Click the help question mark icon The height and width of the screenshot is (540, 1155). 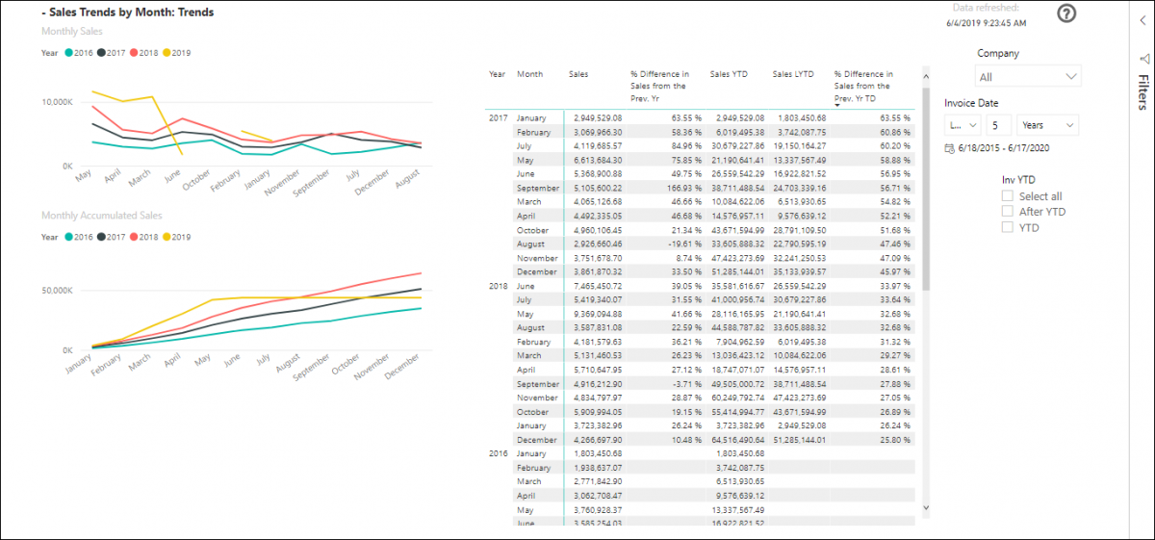[1066, 13]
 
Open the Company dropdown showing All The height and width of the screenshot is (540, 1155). [1028, 77]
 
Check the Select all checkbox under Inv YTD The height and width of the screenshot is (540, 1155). [1008, 196]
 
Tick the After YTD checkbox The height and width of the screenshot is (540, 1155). [1008, 212]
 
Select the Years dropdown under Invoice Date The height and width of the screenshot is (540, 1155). [1047, 125]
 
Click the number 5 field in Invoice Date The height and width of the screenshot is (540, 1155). [999, 125]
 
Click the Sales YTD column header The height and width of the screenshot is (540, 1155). [731, 74]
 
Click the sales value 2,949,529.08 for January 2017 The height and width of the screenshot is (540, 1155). [596, 117]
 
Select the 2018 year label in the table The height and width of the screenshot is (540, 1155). [498, 286]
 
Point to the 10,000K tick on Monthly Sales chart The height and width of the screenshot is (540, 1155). [55, 101]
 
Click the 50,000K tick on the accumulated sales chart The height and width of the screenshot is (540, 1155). [55, 290]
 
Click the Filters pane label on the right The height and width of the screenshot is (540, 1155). [1142, 93]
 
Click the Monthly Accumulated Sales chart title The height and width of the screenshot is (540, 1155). [101, 216]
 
